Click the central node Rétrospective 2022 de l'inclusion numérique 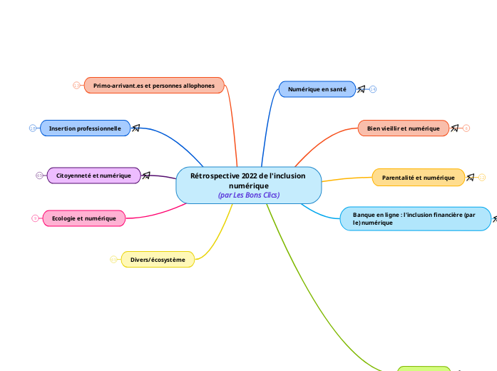pos(248,181)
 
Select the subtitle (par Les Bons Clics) pos(248,195)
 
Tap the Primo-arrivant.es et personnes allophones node pos(154,86)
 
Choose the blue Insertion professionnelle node pos(85,128)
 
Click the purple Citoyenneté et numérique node pos(93,176)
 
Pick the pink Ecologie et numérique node pos(84,218)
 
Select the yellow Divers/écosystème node pos(158,260)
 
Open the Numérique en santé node pos(317,89)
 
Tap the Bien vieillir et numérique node pos(403,128)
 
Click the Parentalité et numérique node pos(418,178)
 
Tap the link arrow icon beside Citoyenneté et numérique pos(146,176)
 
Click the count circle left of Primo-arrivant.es pos(76,86)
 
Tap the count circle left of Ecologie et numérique pos(35,218)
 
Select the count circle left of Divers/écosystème pos(113,260)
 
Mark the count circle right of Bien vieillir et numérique pos(466,128)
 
